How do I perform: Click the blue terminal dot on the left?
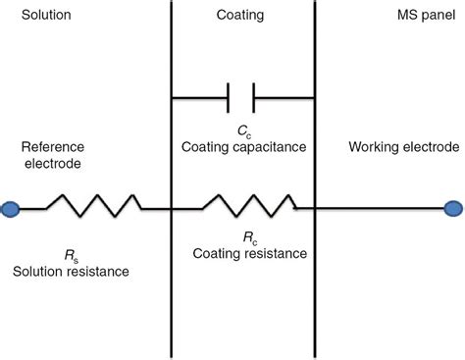10,208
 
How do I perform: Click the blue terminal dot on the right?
453,208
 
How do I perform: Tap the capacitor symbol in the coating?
241,97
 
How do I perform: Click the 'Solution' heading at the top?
32,17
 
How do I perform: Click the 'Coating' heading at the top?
241,17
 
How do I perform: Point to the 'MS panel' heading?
415,17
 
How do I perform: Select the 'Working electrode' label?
403,147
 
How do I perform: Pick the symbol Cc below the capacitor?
242,130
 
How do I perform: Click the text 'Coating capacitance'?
244,147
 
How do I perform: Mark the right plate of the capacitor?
253,97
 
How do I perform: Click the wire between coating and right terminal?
383,208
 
